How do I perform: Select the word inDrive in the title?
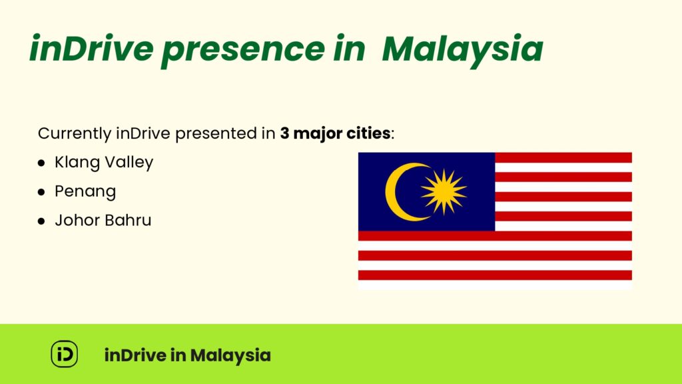coord(91,47)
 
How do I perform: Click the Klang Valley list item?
coord(104,163)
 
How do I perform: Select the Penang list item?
coord(85,192)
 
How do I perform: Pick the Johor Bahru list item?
coord(103,220)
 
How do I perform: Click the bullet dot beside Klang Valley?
coord(41,163)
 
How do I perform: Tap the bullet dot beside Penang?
coord(41,192)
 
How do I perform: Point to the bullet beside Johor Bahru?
coord(41,221)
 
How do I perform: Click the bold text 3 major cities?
coord(335,133)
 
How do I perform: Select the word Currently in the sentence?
coord(75,133)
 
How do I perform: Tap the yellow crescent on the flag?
coord(402,192)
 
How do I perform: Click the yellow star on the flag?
coord(444,192)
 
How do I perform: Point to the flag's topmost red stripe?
coord(563,157)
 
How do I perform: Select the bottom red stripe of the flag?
coord(495,275)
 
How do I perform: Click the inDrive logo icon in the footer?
coord(65,354)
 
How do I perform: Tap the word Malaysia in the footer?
coord(230,356)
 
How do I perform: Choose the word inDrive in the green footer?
coord(135,355)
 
